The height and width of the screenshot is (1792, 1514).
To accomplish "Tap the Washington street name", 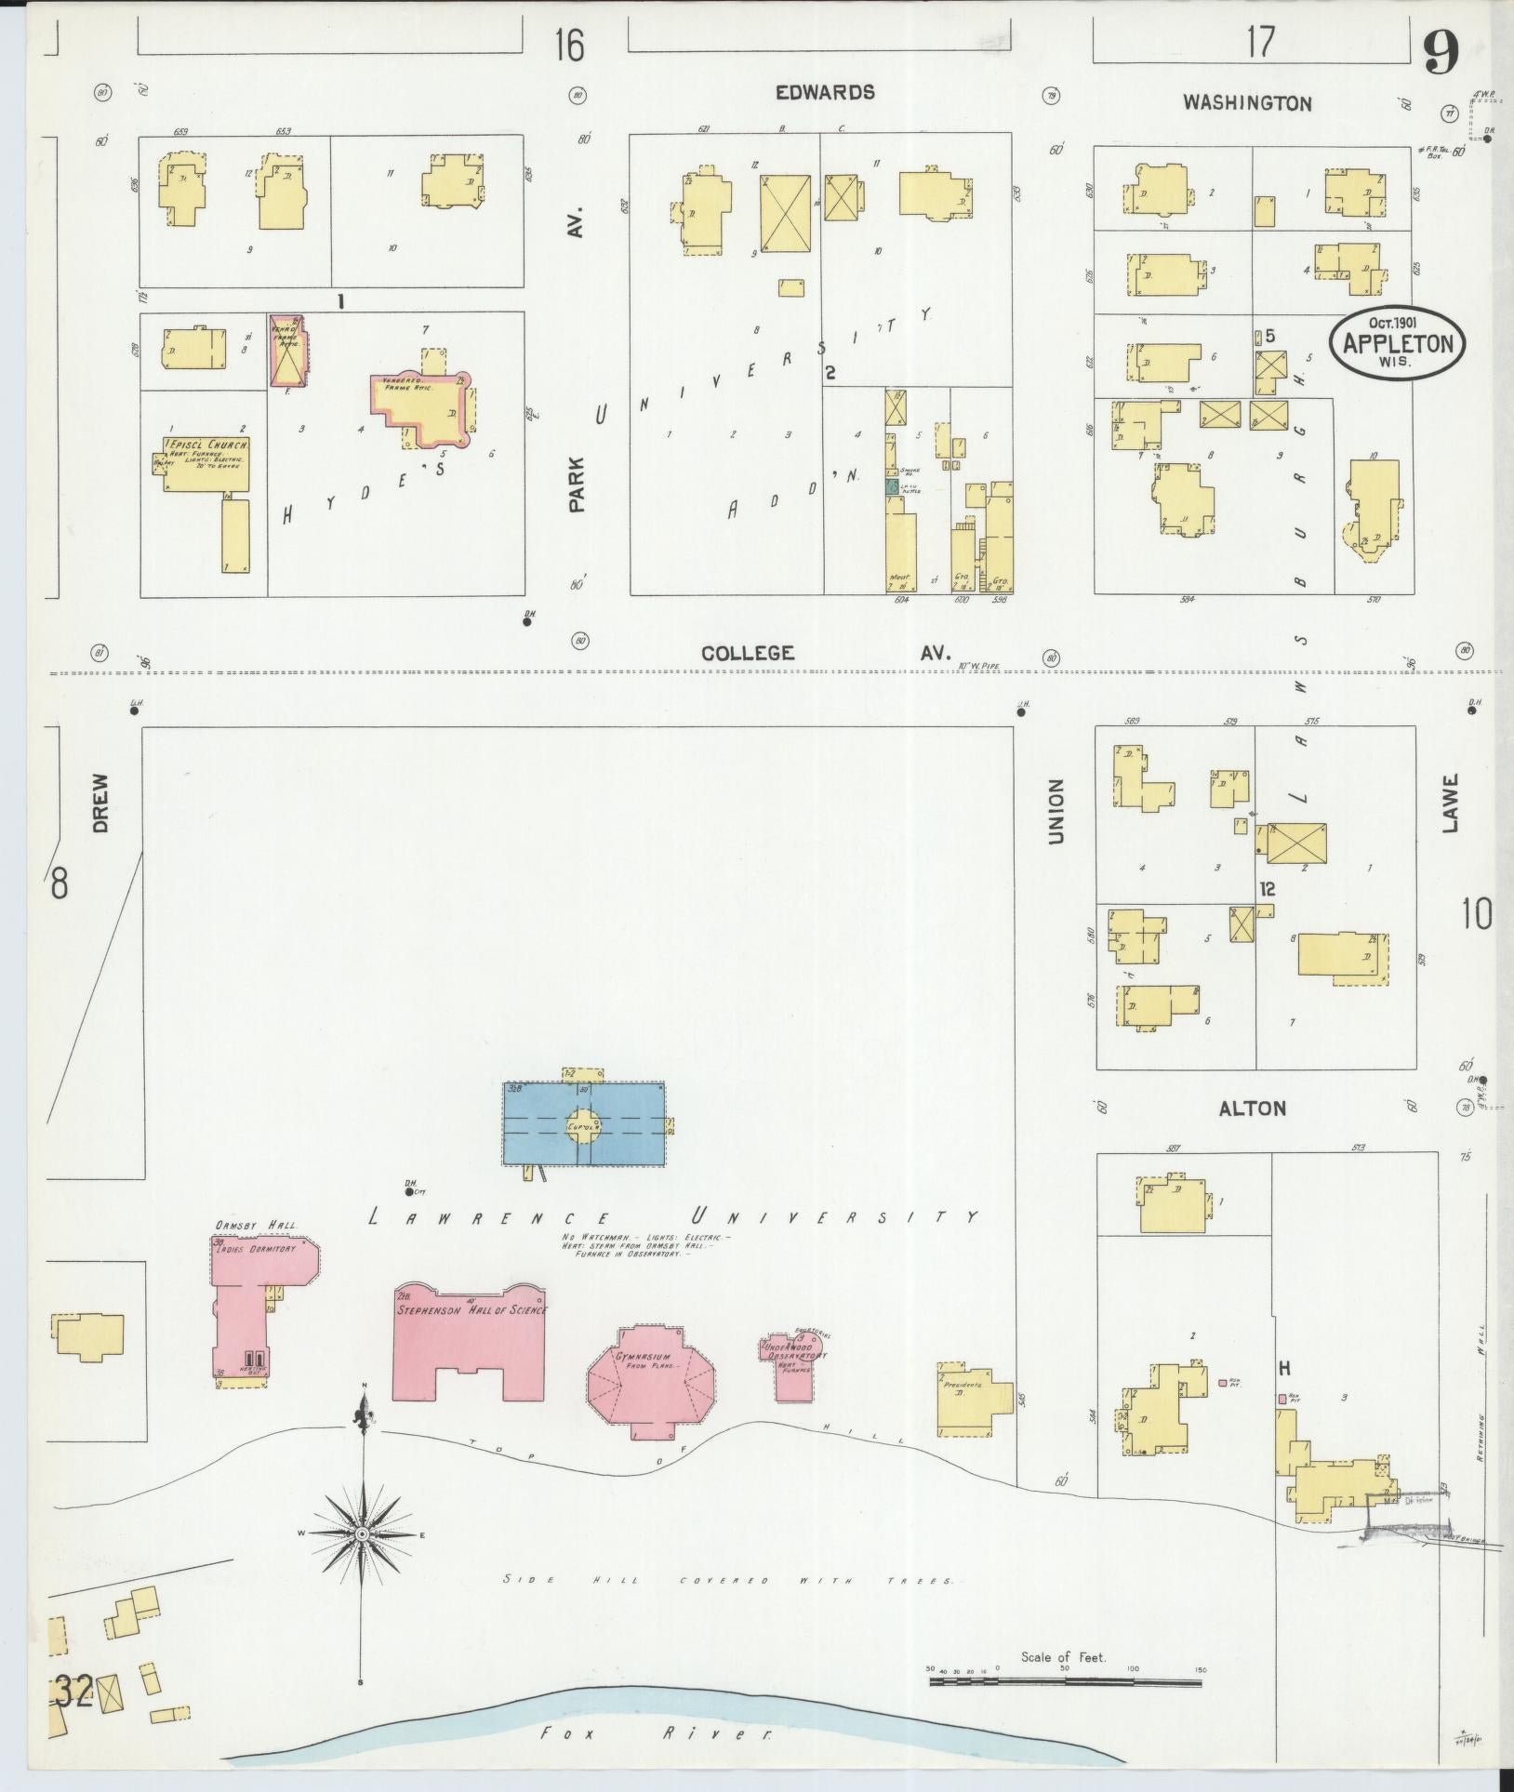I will click(x=1246, y=103).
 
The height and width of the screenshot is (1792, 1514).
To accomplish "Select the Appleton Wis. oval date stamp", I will click(x=1397, y=342).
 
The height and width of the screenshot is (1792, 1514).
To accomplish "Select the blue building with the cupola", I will click(x=584, y=1124).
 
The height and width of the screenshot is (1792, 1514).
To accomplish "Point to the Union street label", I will click(x=1056, y=811).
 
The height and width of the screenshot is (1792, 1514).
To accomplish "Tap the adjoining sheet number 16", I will click(x=569, y=44).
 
